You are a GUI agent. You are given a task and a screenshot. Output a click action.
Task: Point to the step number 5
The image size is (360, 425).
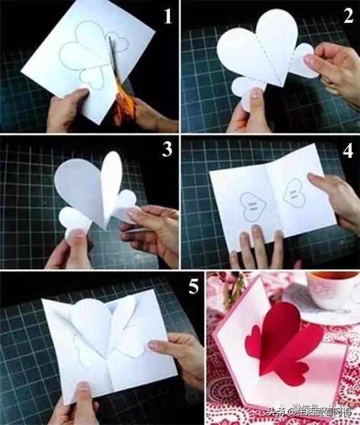tap(168, 287)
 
